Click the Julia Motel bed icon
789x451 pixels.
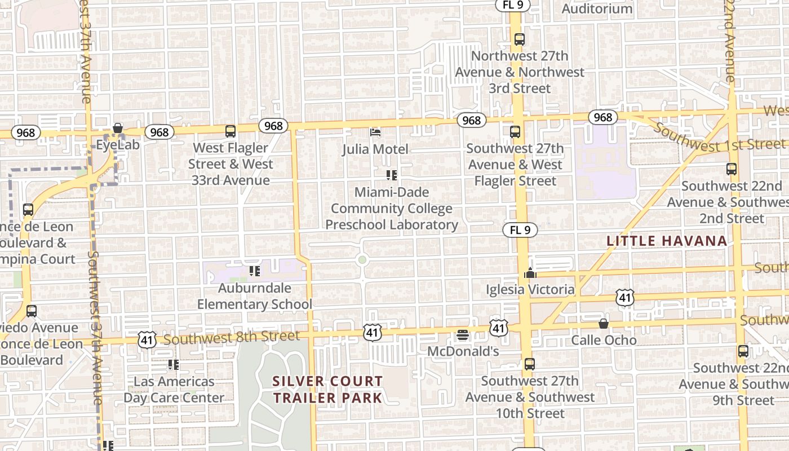coord(375,132)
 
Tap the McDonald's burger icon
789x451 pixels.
coord(463,335)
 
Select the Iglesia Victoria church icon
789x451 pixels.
coord(530,273)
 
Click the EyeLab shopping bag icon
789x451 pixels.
coord(118,129)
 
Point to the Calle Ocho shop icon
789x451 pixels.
coord(603,324)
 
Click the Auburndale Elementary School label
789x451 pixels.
coord(254,296)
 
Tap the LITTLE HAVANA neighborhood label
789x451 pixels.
coord(667,241)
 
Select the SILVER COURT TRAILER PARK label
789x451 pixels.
coord(327,390)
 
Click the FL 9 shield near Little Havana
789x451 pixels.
coord(520,230)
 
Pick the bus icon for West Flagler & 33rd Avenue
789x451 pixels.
coord(230,131)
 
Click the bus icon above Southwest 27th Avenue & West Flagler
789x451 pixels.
coord(515,132)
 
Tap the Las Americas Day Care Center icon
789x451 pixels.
coord(174,365)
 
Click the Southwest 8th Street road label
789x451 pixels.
coord(232,338)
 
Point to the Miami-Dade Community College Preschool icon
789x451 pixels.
coord(392,175)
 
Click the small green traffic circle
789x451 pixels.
coord(362,260)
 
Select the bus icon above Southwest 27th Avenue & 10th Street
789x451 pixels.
coord(529,364)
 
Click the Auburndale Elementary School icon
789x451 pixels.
coord(255,271)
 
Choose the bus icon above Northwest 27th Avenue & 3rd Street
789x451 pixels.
coord(520,39)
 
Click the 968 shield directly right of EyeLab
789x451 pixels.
coord(159,132)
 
